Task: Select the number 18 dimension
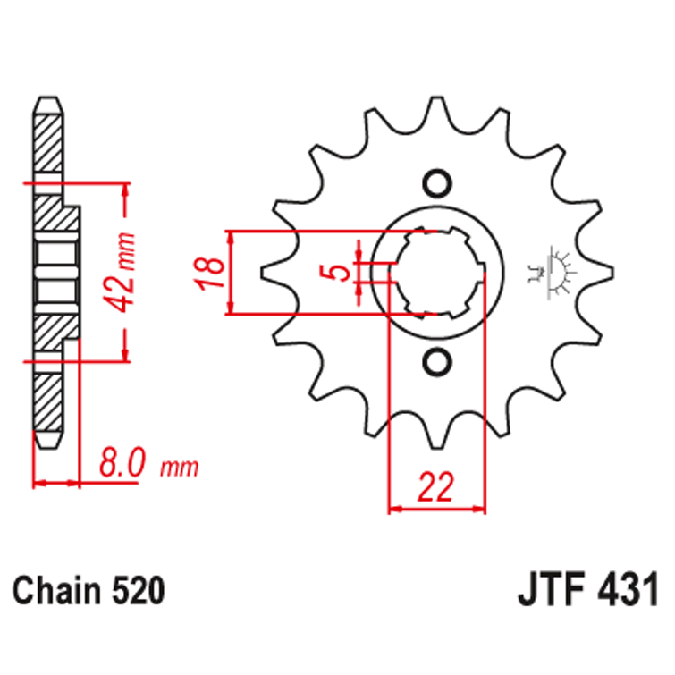point(207,273)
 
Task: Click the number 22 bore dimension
point(435,487)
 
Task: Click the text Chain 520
point(89,591)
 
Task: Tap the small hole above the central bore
point(437,182)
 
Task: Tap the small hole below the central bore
point(437,362)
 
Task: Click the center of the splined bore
point(437,273)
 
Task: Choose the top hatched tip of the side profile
point(49,134)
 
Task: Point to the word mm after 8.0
point(180,468)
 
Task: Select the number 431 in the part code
point(627,591)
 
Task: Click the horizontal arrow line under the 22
point(436,511)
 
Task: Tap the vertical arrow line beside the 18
point(232,273)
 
